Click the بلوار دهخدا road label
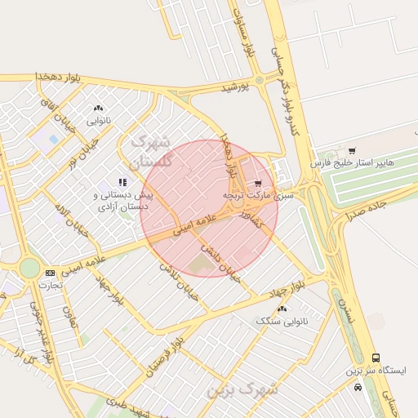click(59, 77)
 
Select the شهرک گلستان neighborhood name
click(152, 151)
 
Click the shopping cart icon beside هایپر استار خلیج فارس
click(351, 151)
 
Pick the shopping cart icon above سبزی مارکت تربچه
click(258, 184)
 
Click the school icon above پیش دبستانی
click(122, 182)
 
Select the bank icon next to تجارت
click(51, 273)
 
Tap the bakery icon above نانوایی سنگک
click(282, 309)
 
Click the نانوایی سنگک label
click(282, 321)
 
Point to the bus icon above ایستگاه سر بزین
click(376, 358)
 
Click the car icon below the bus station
click(358, 387)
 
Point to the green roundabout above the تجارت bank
click(29, 267)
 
